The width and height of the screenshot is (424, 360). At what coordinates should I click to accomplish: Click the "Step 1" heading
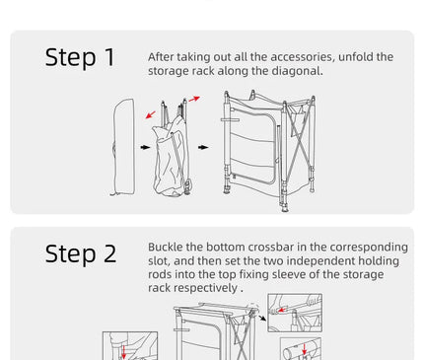[80, 57]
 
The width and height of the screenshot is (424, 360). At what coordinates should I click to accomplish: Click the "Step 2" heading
[81, 253]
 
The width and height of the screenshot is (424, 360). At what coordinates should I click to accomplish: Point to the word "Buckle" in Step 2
[165, 247]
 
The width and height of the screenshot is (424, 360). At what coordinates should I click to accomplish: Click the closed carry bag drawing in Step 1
[123, 147]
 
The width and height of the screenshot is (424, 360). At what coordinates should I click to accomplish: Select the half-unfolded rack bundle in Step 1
[172, 150]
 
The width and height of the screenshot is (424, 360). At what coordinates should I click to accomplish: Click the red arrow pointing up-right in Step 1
[194, 99]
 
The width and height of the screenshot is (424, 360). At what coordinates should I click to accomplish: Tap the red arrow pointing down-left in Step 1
[151, 114]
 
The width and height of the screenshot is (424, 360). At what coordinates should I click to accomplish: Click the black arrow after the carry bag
[145, 147]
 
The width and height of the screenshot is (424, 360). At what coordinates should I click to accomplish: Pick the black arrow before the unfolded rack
[203, 147]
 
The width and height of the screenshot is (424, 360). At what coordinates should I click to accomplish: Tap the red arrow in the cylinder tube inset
[305, 349]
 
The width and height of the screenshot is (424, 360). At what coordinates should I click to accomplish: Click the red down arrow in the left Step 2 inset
[124, 351]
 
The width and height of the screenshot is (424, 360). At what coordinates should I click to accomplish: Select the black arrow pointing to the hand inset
[262, 318]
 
